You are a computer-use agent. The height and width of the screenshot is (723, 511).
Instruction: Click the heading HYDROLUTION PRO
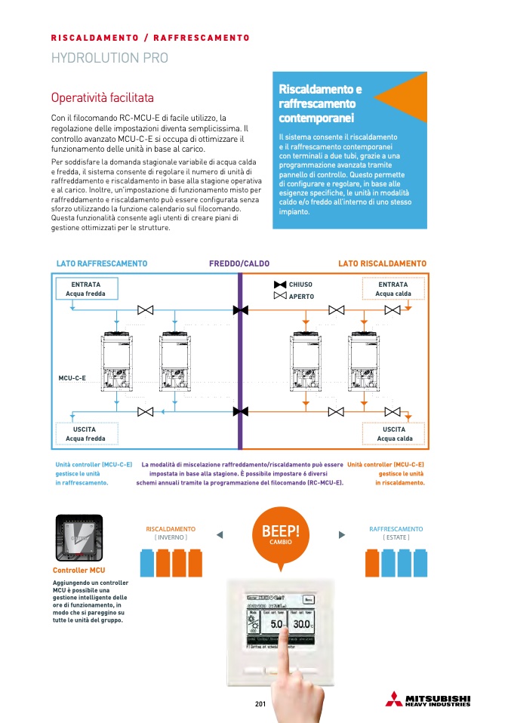pos(109,58)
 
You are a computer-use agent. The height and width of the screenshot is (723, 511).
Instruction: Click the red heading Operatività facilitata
pos(102,98)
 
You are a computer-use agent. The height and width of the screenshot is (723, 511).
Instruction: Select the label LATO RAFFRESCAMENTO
pos(102,263)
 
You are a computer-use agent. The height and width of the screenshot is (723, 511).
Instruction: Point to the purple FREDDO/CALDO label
pos(239,263)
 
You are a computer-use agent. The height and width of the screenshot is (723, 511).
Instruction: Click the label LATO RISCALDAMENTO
pos(382,263)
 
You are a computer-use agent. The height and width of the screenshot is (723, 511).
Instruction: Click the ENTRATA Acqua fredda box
pos(86,289)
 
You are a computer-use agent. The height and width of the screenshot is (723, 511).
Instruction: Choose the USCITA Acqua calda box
pos(394,434)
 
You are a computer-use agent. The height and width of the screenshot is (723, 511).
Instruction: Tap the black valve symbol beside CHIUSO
pos(279,285)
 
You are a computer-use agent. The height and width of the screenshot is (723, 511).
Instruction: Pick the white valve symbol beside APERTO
pos(279,297)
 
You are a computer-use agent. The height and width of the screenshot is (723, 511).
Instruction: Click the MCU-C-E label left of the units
pos(72,376)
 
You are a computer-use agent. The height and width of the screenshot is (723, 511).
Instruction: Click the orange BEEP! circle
pos(280,534)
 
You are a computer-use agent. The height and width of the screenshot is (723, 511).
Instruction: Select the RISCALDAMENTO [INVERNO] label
pos(171,533)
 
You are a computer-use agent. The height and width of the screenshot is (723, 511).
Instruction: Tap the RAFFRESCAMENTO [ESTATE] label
pos(396,533)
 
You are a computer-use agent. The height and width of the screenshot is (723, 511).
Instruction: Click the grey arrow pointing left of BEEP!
pos(220,535)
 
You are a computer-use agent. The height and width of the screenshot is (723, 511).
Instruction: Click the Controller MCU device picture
pos(79,537)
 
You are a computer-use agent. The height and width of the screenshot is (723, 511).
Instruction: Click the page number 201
pos(261,705)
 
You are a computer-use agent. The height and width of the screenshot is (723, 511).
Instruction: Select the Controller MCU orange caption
pos(79,571)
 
